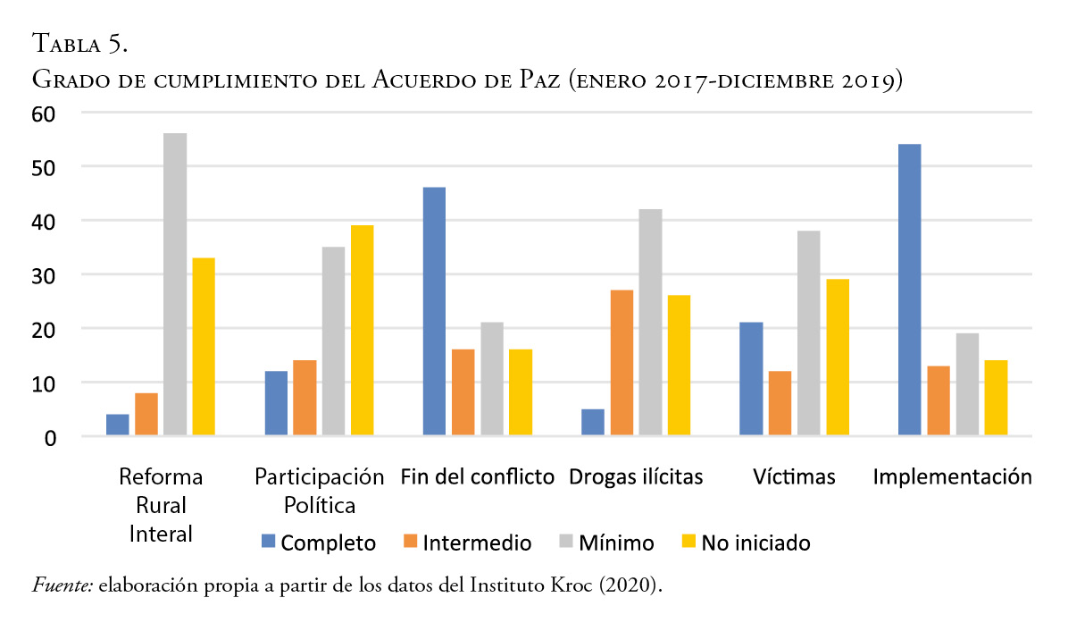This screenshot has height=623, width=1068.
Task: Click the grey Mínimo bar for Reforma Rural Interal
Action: click(175, 284)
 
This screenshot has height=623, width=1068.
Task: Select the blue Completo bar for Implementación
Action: click(909, 290)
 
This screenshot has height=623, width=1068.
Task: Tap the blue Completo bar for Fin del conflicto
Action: click(434, 311)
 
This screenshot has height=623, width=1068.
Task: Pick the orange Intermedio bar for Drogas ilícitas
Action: click(622, 363)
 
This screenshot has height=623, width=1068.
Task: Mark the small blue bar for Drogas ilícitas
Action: click(593, 423)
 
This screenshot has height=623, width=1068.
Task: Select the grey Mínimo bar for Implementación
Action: click(966, 384)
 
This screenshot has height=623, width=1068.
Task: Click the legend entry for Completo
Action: click(318, 543)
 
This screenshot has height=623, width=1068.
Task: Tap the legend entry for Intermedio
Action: click(467, 543)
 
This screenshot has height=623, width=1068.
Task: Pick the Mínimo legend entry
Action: click(605, 543)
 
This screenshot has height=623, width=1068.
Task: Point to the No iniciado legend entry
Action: click(746, 543)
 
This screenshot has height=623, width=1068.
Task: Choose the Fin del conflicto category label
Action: click(478, 476)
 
